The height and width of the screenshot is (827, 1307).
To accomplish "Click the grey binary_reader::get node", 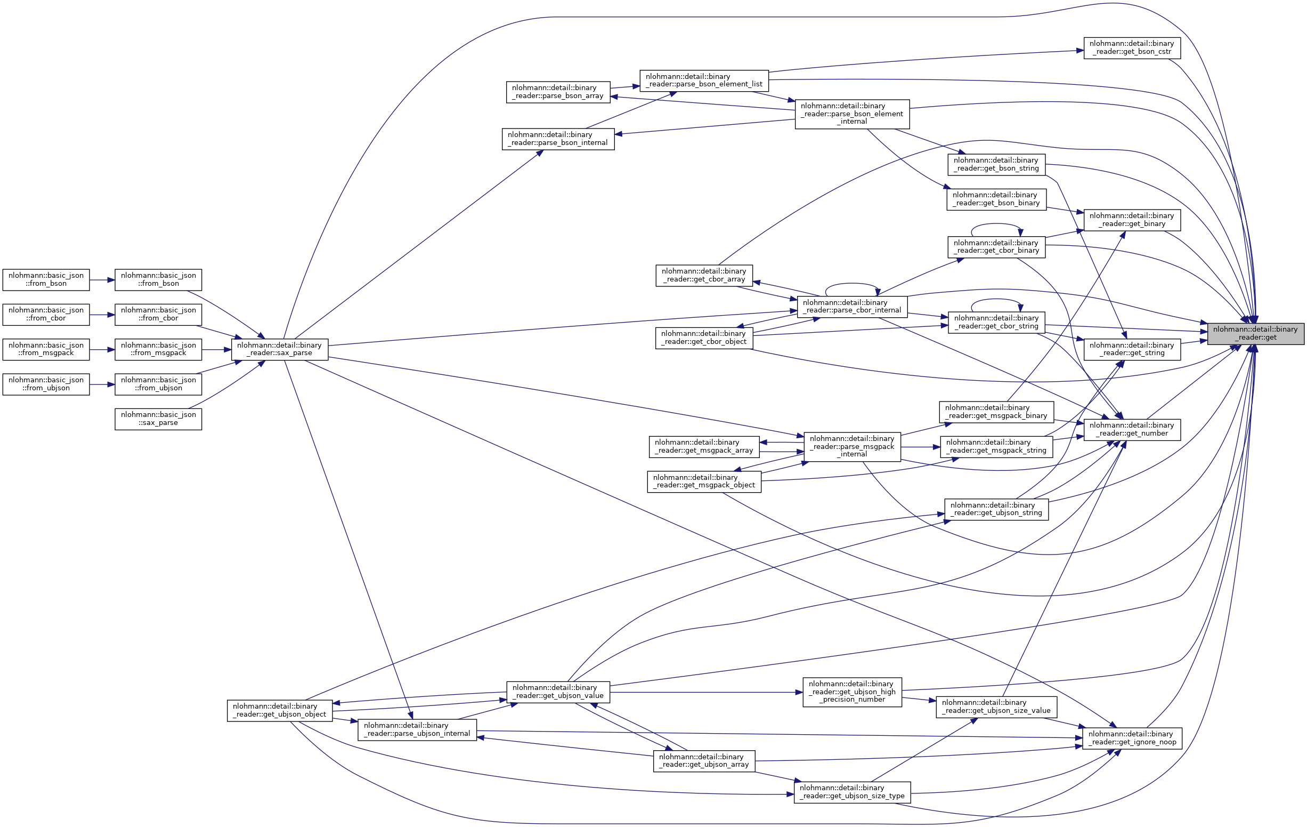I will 1255,333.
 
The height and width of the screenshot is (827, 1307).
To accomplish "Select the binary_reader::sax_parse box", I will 280,349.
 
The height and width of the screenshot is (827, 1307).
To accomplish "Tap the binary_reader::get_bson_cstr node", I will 1132,48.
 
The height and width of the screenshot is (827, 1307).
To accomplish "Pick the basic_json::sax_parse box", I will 158,419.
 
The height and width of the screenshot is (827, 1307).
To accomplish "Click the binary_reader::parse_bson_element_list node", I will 704,81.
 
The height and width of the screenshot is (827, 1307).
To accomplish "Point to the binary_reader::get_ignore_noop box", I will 1132,738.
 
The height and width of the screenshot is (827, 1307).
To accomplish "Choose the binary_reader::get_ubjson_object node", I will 280,710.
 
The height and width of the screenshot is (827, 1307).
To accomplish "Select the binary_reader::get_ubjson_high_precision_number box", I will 852,692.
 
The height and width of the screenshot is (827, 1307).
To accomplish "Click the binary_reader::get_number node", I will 1132,430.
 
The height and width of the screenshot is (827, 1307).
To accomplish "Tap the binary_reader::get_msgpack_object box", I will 704,481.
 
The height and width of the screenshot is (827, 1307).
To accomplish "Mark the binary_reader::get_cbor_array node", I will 704,275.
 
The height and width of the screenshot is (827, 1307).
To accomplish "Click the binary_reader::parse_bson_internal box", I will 558,139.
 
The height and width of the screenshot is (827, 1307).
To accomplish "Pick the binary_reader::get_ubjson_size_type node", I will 852,792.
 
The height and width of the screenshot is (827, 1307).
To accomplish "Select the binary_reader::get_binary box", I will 1132,220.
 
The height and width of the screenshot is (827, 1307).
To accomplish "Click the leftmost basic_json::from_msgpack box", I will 46,349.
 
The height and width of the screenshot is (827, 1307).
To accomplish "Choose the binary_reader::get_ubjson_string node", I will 996,509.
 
